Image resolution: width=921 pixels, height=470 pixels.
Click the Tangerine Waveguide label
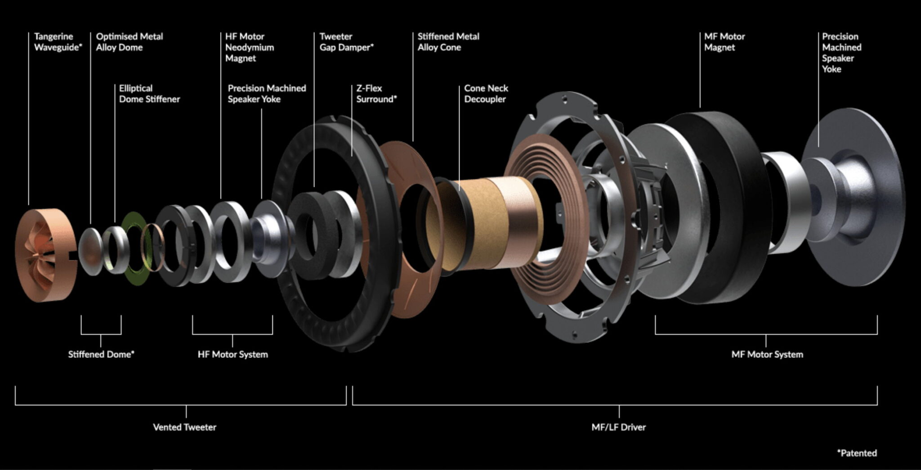[58, 42]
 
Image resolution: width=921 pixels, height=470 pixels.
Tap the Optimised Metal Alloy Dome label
[130, 42]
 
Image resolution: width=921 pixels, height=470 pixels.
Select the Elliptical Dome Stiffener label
[149, 94]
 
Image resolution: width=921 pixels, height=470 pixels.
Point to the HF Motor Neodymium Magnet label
[250, 47]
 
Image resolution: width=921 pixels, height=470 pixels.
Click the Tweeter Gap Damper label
[346, 42]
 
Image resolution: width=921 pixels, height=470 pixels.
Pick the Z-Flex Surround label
[376, 94]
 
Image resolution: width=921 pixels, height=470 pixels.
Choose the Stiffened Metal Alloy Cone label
[448, 42]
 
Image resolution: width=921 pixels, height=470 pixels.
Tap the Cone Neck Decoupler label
[486, 94]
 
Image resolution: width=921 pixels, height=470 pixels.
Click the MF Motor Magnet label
[724, 42]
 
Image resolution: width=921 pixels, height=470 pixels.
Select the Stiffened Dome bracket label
[101, 354]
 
